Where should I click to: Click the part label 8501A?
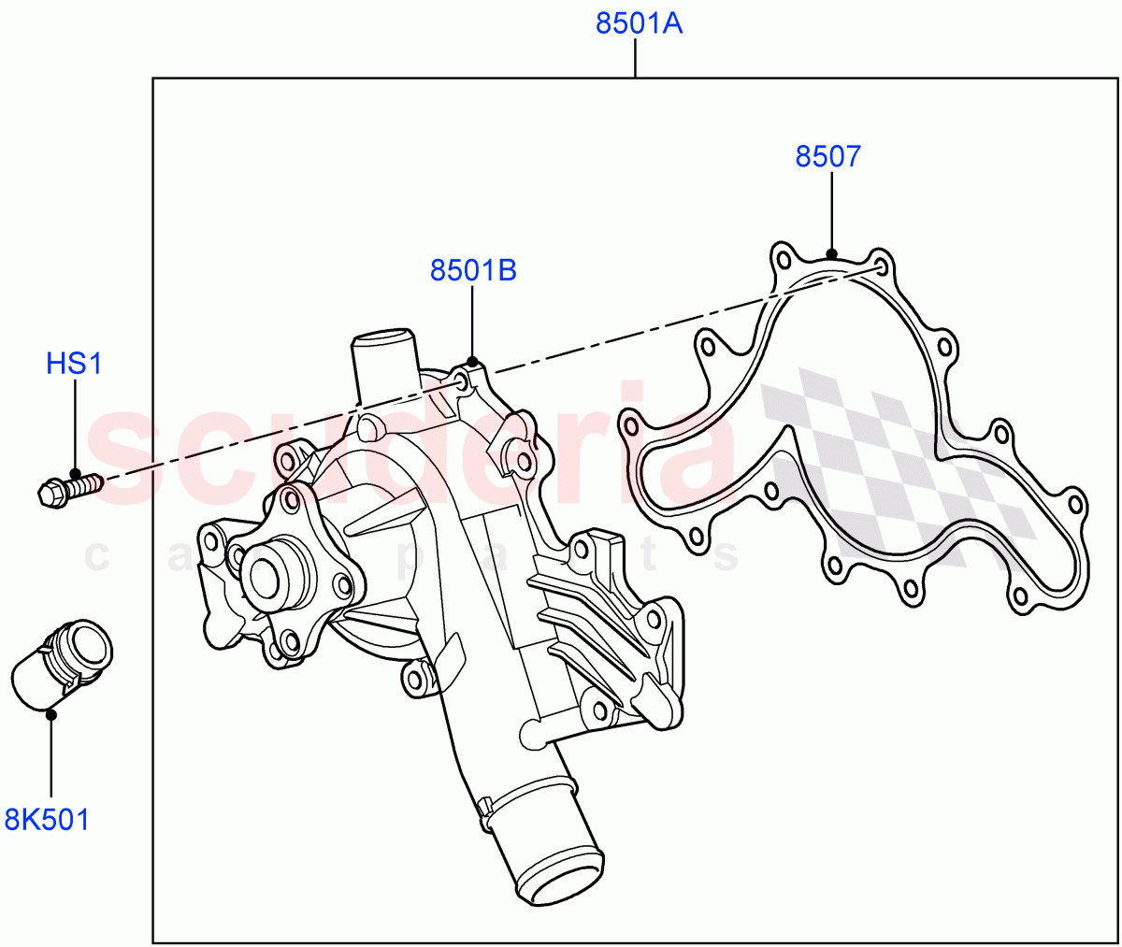point(640,23)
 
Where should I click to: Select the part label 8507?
point(827,156)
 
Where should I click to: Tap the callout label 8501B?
point(473,270)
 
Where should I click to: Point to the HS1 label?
point(75,364)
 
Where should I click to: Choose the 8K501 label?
point(47,820)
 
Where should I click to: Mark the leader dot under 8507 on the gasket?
point(831,252)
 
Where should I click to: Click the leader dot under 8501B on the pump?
point(472,362)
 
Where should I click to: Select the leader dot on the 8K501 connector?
point(51,714)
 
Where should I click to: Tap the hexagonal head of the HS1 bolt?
point(50,493)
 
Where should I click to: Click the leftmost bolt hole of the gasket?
point(628,422)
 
